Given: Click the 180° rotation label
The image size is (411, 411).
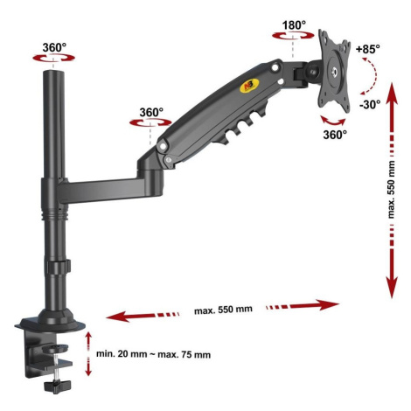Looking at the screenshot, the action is [294, 25].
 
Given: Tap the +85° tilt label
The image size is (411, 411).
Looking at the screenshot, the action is [368, 49].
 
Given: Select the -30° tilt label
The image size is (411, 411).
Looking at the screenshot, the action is [370, 104].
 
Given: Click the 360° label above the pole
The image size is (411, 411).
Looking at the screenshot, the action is [54, 47].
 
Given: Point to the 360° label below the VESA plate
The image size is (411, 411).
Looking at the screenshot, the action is [335, 135].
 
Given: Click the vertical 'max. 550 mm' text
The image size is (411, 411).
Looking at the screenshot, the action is [391, 190].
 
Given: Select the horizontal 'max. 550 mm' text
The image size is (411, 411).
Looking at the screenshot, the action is [223, 310].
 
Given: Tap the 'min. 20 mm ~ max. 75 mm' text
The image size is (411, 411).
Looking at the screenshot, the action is [153, 354].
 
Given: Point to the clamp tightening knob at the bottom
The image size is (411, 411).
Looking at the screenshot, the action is [58, 386].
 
